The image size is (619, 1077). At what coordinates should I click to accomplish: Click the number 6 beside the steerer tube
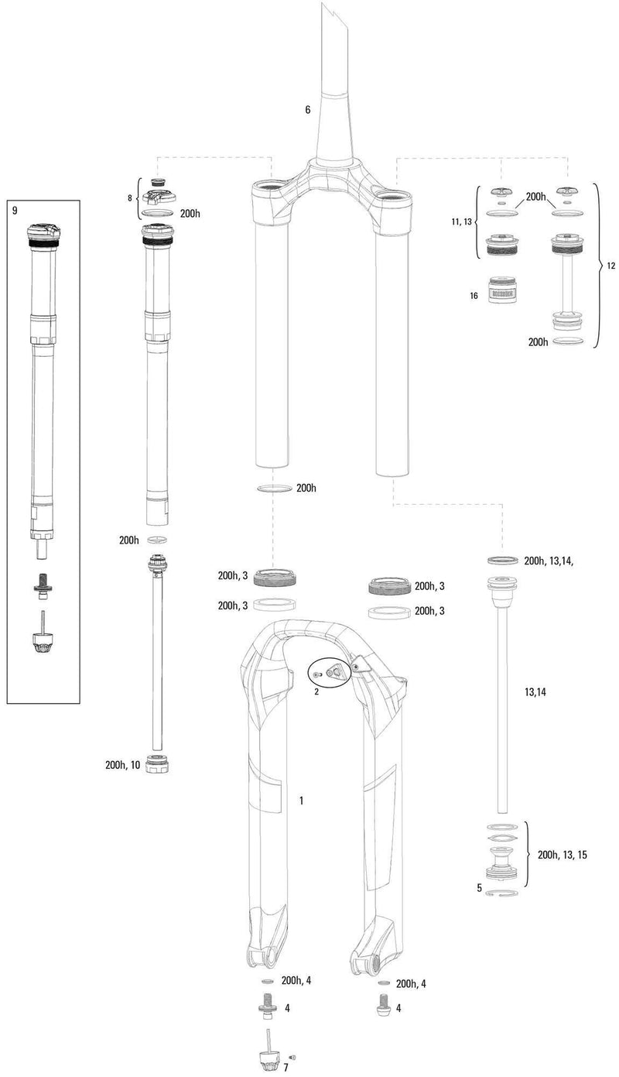[x=307, y=110]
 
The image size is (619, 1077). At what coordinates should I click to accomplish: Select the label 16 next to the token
[x=474, y=295]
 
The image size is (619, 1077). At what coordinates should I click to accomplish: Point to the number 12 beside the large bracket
[x=610, y=266]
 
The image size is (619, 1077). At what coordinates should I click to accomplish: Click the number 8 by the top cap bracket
[x=130, y=198]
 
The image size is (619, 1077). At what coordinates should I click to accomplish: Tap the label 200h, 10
[x=122, y=765]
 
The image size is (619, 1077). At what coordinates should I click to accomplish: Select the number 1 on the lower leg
[x=301, y=799]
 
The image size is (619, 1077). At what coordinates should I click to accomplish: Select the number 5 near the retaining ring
[x=479, y=887]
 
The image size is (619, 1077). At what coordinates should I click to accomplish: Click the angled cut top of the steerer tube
[x=335, y=19]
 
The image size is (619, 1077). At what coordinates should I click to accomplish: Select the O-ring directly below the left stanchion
[x=273, y=489]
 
